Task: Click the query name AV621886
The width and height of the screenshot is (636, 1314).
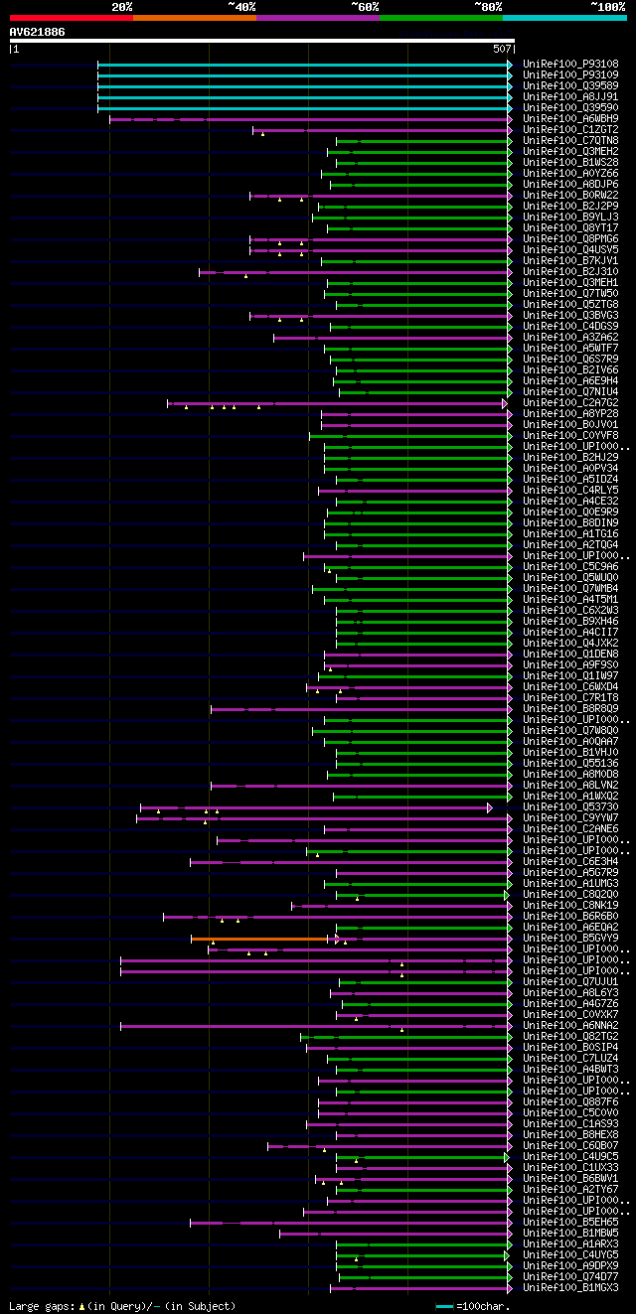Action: [x=37, y=32]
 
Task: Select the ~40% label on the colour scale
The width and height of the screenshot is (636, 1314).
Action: [x=241, y=7]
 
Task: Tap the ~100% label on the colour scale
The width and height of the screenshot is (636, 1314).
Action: [x=607, y=7]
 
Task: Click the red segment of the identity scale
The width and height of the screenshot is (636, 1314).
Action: [x=71, y=17]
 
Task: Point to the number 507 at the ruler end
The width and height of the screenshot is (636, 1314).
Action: [x=501, y=49]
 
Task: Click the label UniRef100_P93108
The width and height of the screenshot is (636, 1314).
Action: [x=570, y=64]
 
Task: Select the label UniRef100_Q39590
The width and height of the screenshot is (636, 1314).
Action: [x=570, y=107]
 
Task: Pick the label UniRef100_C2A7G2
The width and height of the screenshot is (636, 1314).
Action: [x=570, y=402]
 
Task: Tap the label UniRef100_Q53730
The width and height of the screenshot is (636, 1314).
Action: [x=570, y=806]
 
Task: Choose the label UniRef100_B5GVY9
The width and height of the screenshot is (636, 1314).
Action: [x=570, y=938]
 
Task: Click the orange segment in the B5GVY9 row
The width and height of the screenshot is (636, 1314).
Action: [x=258, y=938]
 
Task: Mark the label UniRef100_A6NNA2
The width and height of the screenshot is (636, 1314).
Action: [x=570, y=1025]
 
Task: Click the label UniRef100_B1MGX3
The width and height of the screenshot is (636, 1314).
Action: [x=570, y=1287]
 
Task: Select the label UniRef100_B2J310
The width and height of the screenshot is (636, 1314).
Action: [x=570, y=271]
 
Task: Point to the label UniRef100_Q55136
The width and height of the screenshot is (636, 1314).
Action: [x=570, y=763]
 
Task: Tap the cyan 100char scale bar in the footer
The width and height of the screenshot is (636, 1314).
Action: [x=444, y=1306]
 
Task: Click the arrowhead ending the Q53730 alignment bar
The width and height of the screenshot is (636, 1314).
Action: [x=490, y=807]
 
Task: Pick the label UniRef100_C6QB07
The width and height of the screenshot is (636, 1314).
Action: [x=570, y=1145]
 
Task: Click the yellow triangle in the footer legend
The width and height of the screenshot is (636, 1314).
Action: [x=82, y=1306]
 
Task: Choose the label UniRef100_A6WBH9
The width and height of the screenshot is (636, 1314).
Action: [x=570, y=118]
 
